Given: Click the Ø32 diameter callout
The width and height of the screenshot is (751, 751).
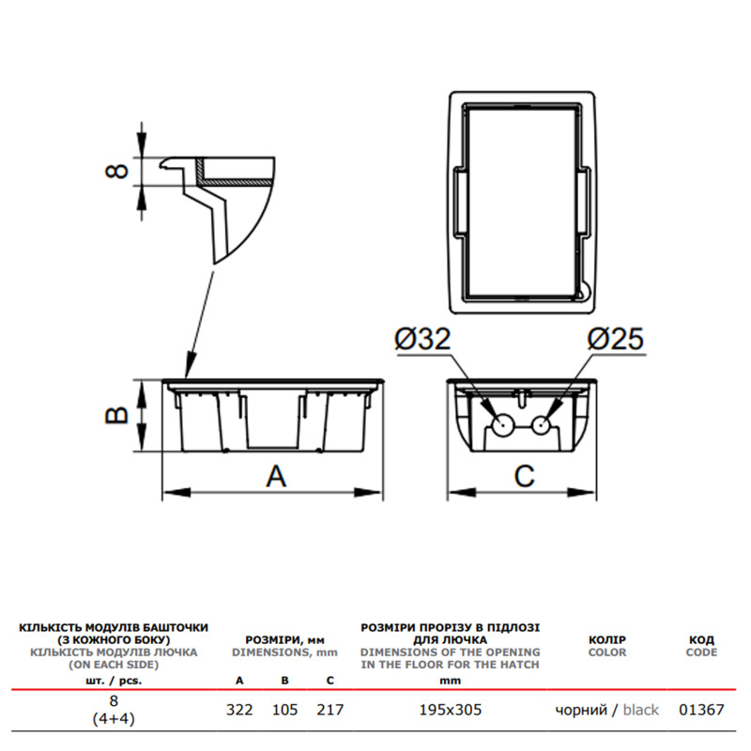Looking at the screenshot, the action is pyautogui.click(x=422, y=339).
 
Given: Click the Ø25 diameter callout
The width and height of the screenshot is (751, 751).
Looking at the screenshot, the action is pyautogui.click(x=616, y=339).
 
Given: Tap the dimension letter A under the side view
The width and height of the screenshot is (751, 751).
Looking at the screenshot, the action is pyautogui.click(x=276, y=476).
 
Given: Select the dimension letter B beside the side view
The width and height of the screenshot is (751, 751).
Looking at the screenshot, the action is pyautogui.click(x=116, y=415).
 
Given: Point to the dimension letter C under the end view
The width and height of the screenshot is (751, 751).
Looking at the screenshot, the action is pyautogui.click(x=524, y=476).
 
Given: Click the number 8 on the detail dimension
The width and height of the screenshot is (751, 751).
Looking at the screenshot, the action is pyautogui.click(x=116, y=171).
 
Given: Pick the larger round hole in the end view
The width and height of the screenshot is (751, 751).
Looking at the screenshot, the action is pyautogui.click(x=501, y=424).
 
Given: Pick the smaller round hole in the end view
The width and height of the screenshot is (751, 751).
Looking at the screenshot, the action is pyautogui.click(x=542, y=424).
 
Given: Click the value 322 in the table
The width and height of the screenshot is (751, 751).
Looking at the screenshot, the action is pyautogui.click(x=239, y=710).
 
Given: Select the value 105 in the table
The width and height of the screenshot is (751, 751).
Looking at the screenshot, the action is pyautogui.click(x=285, y=710).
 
